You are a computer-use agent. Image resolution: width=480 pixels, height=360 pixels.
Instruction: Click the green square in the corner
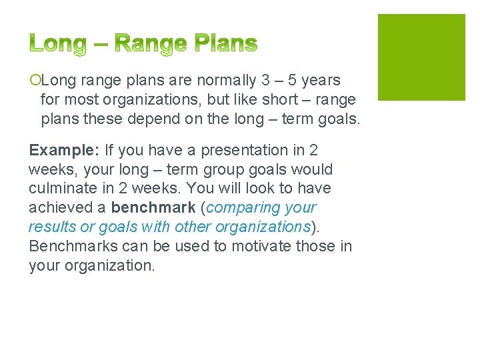[x=421, y=57]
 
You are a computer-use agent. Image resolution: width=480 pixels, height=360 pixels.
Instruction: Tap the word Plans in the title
[x=225, y=44]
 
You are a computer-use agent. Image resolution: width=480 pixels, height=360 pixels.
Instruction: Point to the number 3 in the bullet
[x=265, y=81]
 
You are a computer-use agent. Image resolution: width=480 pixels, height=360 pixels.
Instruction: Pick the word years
[x=321, y=81]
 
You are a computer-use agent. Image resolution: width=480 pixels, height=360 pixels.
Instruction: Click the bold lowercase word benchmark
[x=153, y=208]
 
